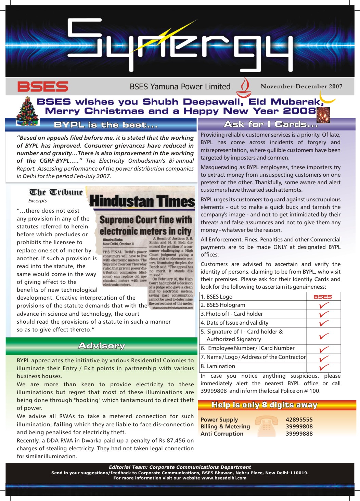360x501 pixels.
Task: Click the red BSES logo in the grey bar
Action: pos(43,87)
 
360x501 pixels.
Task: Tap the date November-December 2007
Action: pos(301,87)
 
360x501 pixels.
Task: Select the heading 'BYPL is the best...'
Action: pos(106,125)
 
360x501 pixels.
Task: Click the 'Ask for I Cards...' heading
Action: pos(271,124)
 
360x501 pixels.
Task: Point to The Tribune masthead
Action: pos(56,192)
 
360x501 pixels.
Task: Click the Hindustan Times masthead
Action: pos(142,201)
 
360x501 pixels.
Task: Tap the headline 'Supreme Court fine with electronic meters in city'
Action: pos(146,225)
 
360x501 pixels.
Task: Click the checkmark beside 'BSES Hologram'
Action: pos(323,305)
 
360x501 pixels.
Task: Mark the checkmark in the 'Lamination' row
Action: pos(323,367)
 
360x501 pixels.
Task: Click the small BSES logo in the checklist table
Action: pos(323,297)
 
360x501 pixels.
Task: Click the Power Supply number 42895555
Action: pos(299,419)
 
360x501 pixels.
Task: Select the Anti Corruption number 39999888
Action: pos(299,434)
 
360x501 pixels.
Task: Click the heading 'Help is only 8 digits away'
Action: pos(264,405)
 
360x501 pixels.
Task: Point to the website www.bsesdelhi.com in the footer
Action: pos(224,478)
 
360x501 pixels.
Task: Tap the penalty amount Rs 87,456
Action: pos(179,440)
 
